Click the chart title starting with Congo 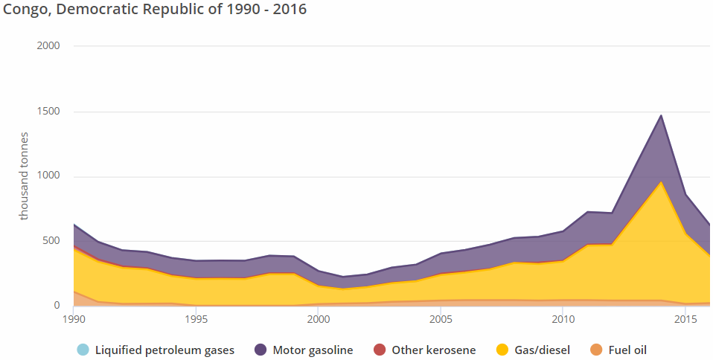(x=155, y=10)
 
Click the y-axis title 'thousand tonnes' (x=24, y=176)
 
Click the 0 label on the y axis (x=57, y=306)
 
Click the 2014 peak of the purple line (x=660, y=115)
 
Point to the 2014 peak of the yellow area (x=660, y=181)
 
